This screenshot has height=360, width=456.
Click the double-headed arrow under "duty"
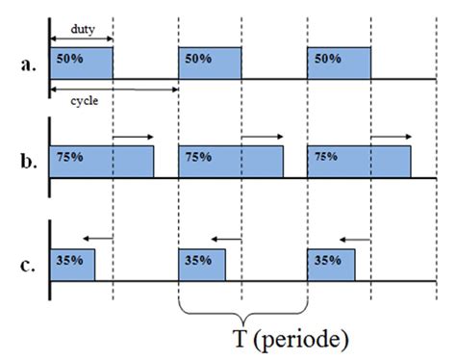coord(81,39)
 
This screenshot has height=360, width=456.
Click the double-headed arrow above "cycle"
coord(114,89)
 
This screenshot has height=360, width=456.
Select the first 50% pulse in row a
coord(81,64)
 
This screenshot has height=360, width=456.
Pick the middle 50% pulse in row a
coord(210,64)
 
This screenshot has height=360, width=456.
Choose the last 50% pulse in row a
coord(339,64)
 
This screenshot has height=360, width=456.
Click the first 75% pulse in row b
coord(102,162)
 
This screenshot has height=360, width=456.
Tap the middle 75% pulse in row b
coord(231,162)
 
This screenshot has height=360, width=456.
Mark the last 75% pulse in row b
coord(359,162)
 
